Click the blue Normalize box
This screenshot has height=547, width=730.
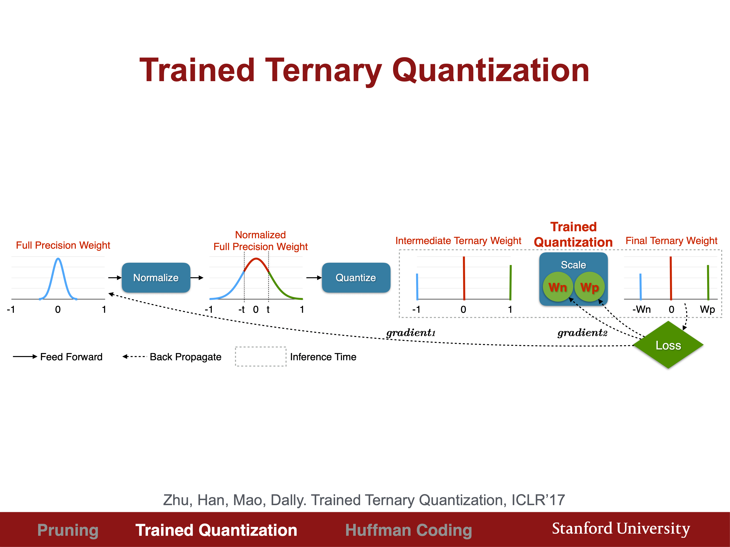pyautogui.click(x=156, y=278)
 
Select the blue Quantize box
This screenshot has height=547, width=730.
pyautogui.click(x=356, y=278)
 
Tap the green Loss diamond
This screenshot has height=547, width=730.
pyautogui.click(x=668, y=345)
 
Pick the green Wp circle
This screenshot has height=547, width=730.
pyautogui.click(x=589, y=287)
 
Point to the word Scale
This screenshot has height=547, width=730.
pyautogui.click(x=573, y=265)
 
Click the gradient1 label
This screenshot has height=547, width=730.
pyautogui.click(x=411, y=333)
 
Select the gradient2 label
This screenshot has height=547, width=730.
pyautogui.click(x=582, y=333)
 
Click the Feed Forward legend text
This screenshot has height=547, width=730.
pyautogui.click(x=71, y=357)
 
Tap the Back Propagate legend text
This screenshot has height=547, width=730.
pyautogui.click(x=186, y=357)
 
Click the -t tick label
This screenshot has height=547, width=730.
pyautogui.click(x=242, y=309)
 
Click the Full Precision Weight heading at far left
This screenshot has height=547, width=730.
pyautogui.click(x=63, y=245)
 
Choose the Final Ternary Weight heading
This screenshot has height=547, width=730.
pyautogui.click(x=672, y=241)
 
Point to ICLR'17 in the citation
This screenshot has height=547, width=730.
pyautogui.click(x=538, y=500)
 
